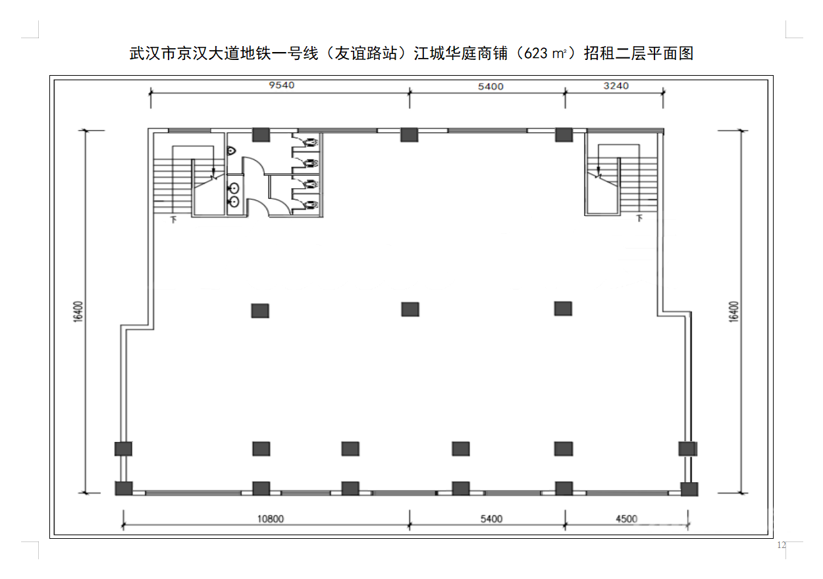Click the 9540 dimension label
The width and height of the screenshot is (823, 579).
(281, 85)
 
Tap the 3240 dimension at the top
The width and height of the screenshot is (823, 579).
(616, 86)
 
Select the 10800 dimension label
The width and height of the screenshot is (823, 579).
(271, 518)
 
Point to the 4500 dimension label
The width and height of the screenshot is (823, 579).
(626, 518)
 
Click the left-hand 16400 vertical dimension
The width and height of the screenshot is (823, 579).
(78, 312)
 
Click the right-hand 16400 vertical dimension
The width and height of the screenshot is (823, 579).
(733, 312)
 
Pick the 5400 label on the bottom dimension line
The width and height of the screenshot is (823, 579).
(491, 518)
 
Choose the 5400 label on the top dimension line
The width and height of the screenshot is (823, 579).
(491, 86)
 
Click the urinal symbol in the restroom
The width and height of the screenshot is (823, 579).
(231, 150)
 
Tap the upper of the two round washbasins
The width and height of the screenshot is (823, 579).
(234, 188)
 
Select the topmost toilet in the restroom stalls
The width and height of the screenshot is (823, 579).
(311, 142)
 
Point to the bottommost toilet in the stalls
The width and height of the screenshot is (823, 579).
(311, 204)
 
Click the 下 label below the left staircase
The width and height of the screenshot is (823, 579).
(174, 220)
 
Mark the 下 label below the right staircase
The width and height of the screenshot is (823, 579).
(640, 219)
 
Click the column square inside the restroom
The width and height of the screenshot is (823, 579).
(261, 134)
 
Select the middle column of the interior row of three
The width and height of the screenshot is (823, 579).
(410, 310)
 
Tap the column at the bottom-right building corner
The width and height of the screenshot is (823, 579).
(689, 489)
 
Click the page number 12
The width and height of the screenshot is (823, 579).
(782, 545)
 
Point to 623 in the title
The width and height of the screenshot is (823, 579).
(536, 53)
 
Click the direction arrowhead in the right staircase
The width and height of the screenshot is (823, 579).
(598, 171)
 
